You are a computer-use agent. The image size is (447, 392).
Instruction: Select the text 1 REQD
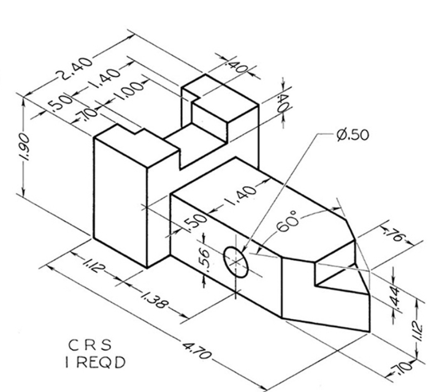(x=94, y=362)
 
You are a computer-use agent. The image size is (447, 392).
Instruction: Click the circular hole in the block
(x=236, y=262)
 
